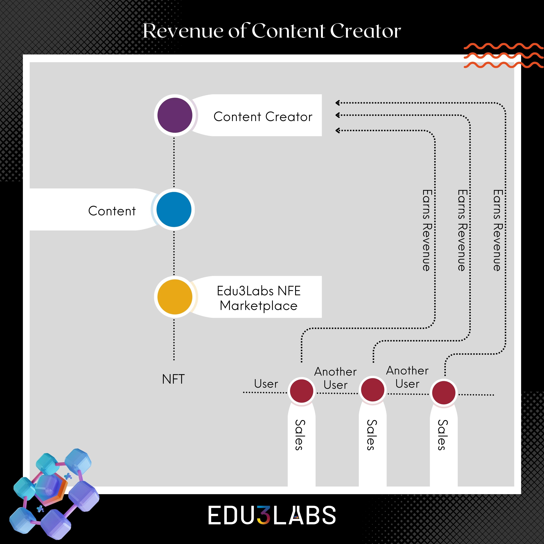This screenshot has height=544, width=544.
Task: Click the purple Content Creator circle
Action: click(x=175, y=115)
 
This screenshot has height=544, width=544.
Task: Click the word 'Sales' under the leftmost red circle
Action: click(x=300, y=435)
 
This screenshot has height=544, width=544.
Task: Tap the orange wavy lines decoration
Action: click(x=503, y=56)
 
